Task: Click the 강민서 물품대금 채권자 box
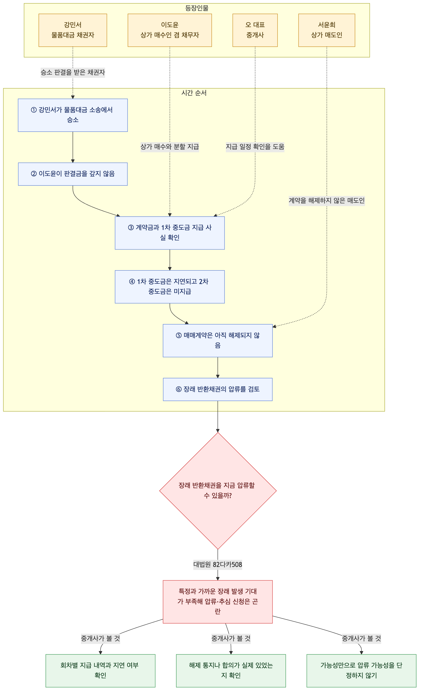coord(73,30)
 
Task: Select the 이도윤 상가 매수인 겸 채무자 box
coord(170,30)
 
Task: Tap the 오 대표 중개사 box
coord(255,30)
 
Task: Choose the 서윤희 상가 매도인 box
coord(326,30)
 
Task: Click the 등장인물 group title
coord(197,8)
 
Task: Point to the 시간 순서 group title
coord(194,93)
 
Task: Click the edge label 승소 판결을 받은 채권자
coord(73,72)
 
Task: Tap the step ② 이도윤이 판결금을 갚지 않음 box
coord(73,174)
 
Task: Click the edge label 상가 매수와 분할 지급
coord(170,147)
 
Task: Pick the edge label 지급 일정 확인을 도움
coord(255,147)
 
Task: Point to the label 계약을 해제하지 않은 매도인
coord(326,200)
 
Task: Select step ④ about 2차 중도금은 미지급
coord(170,287)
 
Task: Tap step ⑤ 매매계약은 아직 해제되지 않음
coord(218,341)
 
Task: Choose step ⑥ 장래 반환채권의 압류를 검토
coord(218,389)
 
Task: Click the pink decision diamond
coord(218,491)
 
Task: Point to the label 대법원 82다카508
coord(218,564)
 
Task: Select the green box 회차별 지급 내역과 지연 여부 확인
coord(100,671)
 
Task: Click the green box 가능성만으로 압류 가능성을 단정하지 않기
coord(361,671)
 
